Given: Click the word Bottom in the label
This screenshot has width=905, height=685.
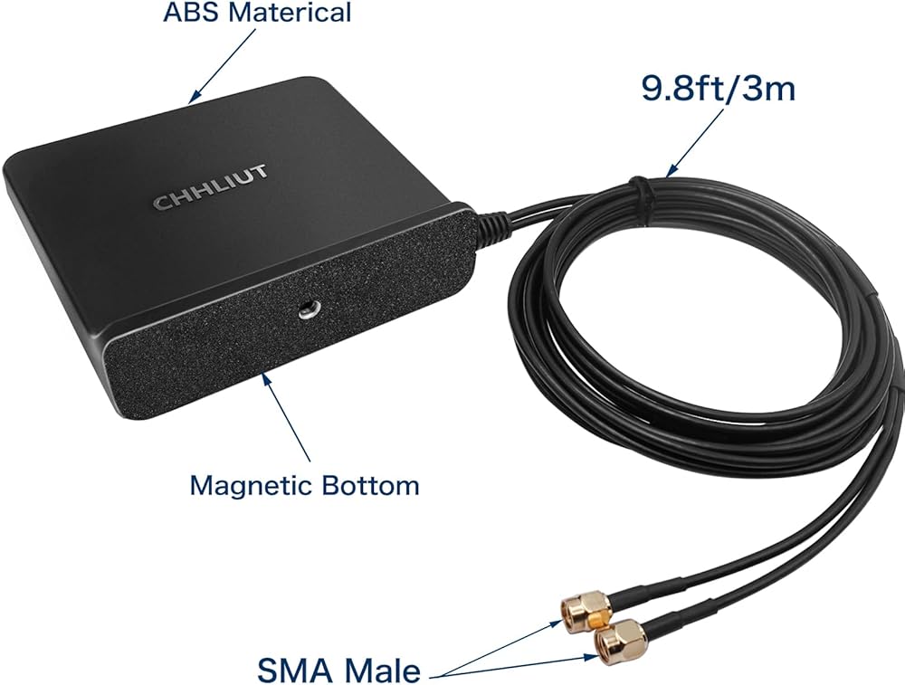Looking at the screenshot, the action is pyautogui.click(x=370, y=485).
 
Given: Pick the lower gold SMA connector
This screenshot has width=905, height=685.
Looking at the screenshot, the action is pyautogui.click(x=619, y=640).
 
